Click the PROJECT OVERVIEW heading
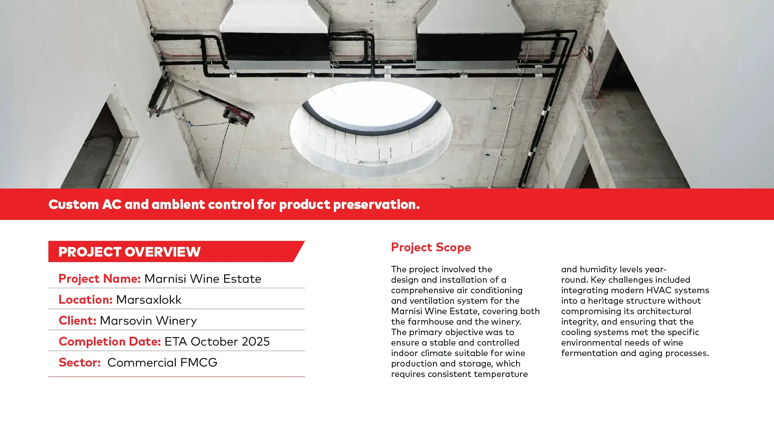tap(129, 252)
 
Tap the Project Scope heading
tap(431, 247)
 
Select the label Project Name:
tap(99, 278)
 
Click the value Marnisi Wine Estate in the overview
tap(203, 278)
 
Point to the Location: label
tap(85, 299)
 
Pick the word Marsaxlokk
tap(149, 299)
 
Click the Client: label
tap(77, 320)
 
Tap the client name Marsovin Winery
tap(148, 321)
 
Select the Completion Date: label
tap(110, 341)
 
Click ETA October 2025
tap(217, 341)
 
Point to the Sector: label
tap(79, 362)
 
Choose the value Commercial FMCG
tap(162, 362)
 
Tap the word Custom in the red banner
tap(74, 204)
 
